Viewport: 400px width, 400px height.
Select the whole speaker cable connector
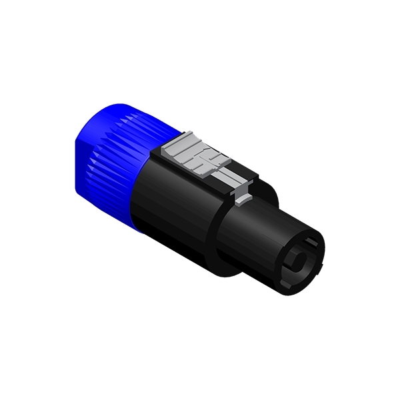[x=200, y=200]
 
